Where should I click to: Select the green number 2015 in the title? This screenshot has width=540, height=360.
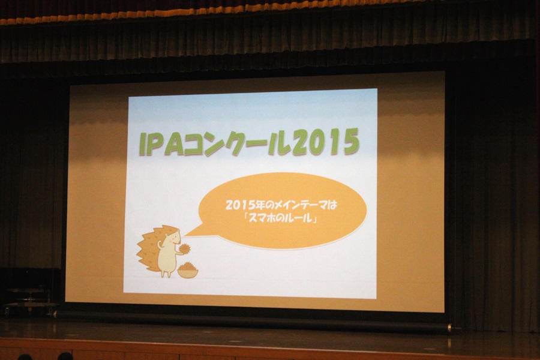(x=326, y=142)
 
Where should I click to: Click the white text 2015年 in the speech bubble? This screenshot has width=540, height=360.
(x=245, y=205)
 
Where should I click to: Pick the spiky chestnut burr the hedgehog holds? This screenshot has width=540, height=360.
(x=184, y=248)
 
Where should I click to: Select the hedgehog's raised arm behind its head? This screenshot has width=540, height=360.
(x=160, y=245)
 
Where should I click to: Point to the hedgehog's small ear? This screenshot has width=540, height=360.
(x=167, y=235)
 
